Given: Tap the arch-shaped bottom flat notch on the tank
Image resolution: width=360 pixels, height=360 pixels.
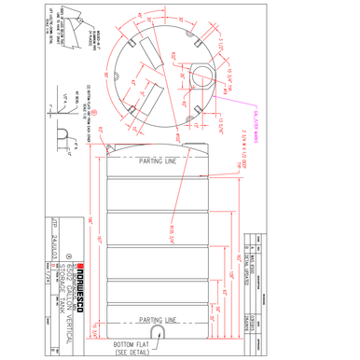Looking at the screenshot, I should pos(159,331).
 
